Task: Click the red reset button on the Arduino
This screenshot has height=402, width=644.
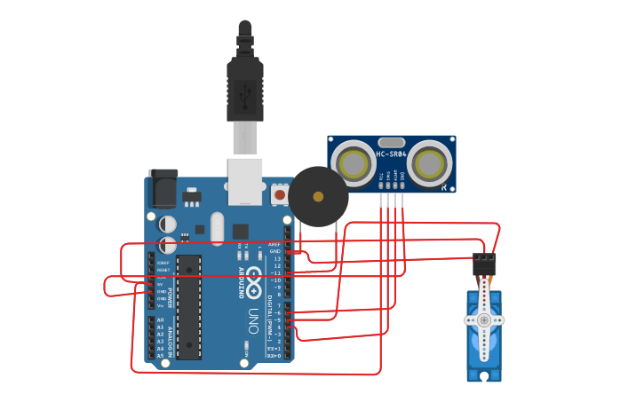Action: [280, 193]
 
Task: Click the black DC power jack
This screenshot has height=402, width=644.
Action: [163, 188]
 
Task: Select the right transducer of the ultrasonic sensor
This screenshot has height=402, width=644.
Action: [430, 164]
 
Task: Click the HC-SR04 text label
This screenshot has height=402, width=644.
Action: [391, 154]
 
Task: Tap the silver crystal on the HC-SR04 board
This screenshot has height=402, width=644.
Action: [391, 142]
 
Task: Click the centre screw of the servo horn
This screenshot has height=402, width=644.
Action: [483, 319]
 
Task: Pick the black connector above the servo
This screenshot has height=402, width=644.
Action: [484, 264]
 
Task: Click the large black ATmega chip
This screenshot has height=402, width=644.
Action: [188, 307]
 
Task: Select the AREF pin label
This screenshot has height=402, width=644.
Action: [274, 243]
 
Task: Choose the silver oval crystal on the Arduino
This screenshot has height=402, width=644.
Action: [218, 228]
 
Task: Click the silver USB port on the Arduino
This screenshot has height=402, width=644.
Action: [245, 182]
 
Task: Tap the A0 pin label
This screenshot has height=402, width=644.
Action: [160, 319]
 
